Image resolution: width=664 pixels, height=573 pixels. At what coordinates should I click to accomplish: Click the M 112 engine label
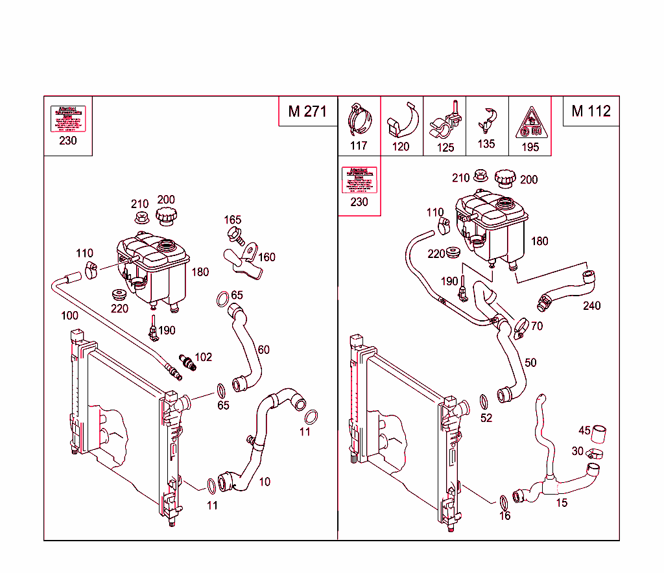(x=591, y=111)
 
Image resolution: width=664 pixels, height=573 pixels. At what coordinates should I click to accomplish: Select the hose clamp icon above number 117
(x=359, y=120)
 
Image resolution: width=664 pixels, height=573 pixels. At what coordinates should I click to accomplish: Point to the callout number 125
(x=445, y=147)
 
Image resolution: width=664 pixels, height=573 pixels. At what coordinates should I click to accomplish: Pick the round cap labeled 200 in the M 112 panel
(x=506, y=178)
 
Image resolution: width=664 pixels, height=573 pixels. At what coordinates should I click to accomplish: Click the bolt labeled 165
(x=235, y=235)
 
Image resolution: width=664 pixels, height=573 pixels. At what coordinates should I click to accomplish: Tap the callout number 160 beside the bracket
(x=267, y=257)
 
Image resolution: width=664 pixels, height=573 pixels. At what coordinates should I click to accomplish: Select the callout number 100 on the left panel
(x=69, y=316)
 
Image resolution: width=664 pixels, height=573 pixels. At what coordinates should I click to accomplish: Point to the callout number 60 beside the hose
(x=263, y=350)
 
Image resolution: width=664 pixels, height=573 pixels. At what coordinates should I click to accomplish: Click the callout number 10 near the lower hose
(x=265, y=482)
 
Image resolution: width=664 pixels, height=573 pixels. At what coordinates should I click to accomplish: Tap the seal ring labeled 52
(x=484, y=400)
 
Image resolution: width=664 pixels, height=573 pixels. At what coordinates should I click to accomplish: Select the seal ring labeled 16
(x=504, y=502)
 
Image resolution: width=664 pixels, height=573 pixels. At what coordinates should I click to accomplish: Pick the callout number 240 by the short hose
(x=591, y=305)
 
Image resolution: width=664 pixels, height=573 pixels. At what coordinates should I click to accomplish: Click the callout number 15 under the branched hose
(x=562, y=502)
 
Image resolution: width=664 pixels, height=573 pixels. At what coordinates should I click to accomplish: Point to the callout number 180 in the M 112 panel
(x=539, y=241)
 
